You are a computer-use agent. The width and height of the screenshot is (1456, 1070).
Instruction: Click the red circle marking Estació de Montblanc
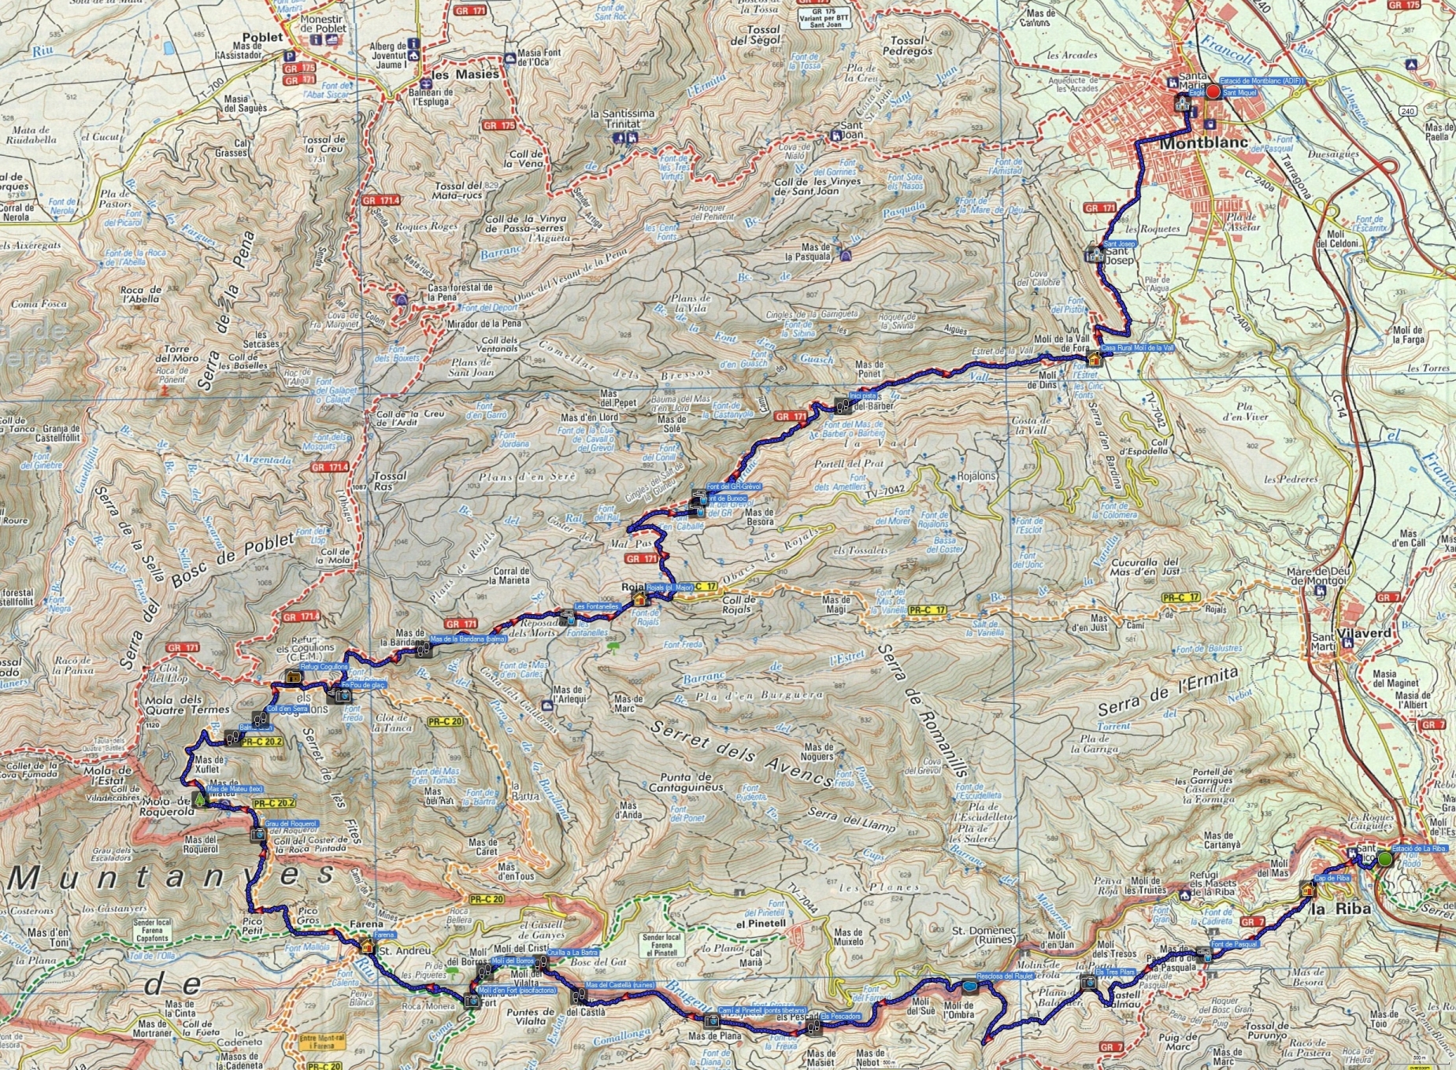pos(1213,92)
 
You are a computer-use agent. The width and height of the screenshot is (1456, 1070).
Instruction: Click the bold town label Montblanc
pos(1204,143)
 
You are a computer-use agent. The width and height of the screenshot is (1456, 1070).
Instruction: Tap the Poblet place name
pos(262,37)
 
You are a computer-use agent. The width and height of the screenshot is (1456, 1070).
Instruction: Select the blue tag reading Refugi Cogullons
pos(324,666)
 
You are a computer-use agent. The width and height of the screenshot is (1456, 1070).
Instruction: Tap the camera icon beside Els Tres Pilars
pos(1087,981)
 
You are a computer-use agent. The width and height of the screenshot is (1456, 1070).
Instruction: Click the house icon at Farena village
pos(366,946)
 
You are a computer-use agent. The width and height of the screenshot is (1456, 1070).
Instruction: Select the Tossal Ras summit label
pos(391,480)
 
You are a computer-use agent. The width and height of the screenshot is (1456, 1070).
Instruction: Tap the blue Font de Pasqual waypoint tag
pos(1234,944)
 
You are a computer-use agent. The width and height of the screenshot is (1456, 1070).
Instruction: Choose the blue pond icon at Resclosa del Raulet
pos(967,986)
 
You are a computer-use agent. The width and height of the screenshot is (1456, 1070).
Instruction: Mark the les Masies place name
pos(465,74)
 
